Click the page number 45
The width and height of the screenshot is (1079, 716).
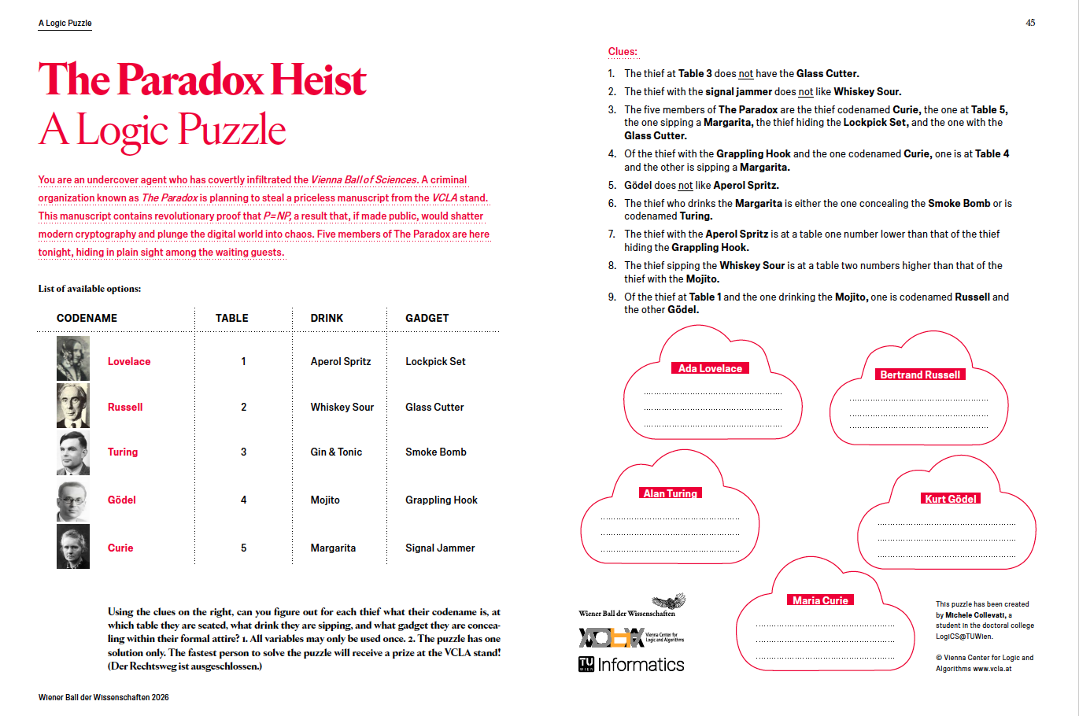tap(1030, 23)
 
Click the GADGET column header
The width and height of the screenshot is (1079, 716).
tap(427, 318)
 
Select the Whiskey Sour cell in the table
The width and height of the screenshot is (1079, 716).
tap(342, 407)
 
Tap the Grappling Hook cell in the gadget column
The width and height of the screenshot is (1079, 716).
tap(441, 500)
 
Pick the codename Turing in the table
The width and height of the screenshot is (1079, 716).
tap(123, 452)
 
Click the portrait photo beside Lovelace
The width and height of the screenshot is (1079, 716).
tap(73, 359)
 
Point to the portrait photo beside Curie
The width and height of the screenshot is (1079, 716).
tap(73, 546)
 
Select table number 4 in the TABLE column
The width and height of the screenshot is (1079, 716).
tap(243, 500)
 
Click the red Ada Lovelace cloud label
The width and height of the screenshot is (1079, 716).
tap(710, 368)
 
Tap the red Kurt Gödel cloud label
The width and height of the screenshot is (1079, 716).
tap(951, 499)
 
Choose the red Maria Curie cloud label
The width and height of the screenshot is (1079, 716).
tap(820, 600)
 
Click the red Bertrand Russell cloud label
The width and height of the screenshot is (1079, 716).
tap(920, 375)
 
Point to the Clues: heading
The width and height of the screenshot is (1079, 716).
tap(623, 52)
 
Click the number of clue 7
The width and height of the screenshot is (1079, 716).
tap(612, 234)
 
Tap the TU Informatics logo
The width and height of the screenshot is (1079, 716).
tap(631, 665)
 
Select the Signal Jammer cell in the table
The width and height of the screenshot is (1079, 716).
tap(440, 548)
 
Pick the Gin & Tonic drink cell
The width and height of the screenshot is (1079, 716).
tap(336, 452)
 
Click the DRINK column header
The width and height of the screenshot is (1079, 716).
tap(327, 318)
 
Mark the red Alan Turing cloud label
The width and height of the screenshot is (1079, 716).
tap(670, 493)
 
